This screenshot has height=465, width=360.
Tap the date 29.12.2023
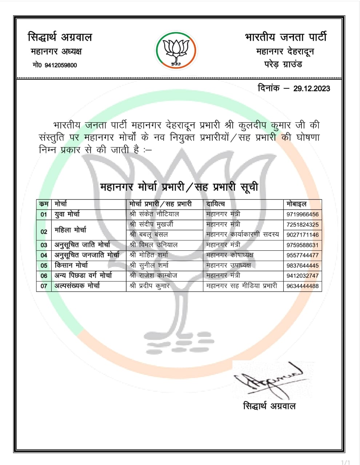pos(312,89)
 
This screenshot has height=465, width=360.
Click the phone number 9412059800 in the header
pos(60,65)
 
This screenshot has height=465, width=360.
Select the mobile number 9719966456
pos(302,215)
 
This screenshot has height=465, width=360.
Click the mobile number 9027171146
pos(302,235)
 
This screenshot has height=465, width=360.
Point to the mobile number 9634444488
pos(302,286)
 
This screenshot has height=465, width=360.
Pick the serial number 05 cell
pos(44,266)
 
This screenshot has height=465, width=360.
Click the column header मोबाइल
pos(296,204)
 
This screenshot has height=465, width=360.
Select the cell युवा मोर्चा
pos(67,214)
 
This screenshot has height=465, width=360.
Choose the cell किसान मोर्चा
pos(71,265)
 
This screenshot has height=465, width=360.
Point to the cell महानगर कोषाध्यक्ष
pos(229,255)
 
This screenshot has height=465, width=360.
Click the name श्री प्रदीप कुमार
pos(149,286)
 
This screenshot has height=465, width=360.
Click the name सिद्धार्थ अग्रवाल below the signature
pos(269,406)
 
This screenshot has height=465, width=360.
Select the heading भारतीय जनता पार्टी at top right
pos(286,37)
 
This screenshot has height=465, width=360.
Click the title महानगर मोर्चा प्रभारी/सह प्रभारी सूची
pos(179,187)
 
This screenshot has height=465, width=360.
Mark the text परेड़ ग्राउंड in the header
pos(283,65)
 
